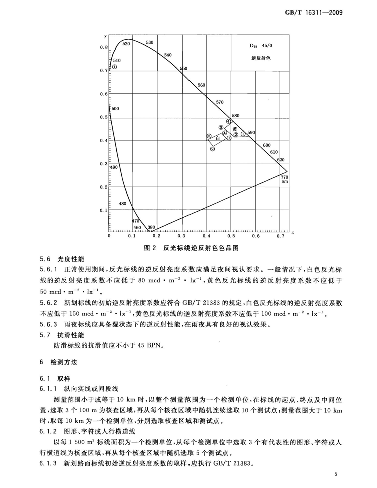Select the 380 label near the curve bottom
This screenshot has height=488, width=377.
tap(152, 227)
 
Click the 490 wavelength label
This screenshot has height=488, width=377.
tap(113, 167)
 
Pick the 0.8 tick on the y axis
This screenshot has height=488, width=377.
tap(103, 47)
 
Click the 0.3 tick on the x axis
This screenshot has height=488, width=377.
tap(181, 235)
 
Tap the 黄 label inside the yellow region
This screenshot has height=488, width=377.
tap(234, 129)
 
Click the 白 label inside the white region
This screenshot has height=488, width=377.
tap(218, 138)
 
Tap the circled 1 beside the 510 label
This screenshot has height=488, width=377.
tap(114, 67)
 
